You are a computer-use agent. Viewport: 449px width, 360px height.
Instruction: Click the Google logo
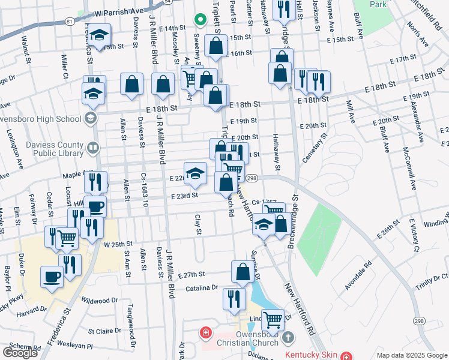[x=20, y=353]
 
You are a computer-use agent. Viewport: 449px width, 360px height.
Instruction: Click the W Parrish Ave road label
[x=119, y=11]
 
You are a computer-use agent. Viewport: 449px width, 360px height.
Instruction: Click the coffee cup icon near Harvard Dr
[x=52, y=278]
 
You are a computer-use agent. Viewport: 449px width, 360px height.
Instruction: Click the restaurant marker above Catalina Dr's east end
[x=234, y=298]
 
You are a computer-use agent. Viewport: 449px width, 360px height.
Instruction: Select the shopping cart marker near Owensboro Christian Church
[x=273, y=320]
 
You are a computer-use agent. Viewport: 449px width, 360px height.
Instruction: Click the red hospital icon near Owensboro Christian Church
[x=206, y=332]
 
